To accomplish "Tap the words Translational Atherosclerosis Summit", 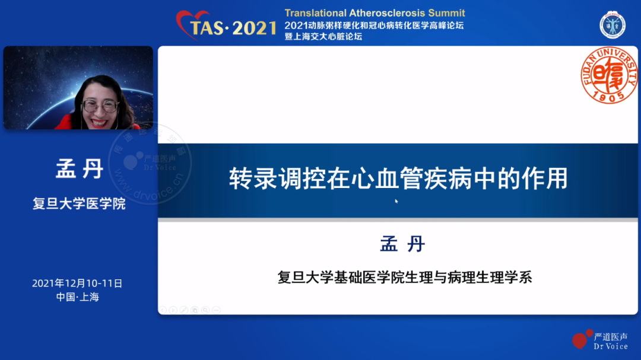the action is pyautogui.click(x=375, y=13).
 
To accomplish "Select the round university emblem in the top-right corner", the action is pyautogui.click(x=612, y=26).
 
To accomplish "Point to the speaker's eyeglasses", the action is pyautogui.click(x=100, y=106).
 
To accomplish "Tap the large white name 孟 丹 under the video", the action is pyautogui.click(x=80, y=169).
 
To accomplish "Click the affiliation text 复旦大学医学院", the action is pyautogui.click(x=79, y=203).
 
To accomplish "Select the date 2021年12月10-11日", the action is pyautogui.click(x=77, y=283).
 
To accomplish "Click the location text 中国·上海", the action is pyautogui.click(x=77, y=297).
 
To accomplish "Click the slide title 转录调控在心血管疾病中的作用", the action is pyautogui.click(x=398, y=178).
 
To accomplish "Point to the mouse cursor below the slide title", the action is pyautogui.click(x=396, y=201).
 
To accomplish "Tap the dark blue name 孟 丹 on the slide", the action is pyautogui.click(x=402, y=244).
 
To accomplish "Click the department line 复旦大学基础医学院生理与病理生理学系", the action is pyautogui.click(x=405, y=278).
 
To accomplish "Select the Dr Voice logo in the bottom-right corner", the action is pyautogui.click(x=600, y=340).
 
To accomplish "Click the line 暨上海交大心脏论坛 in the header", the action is pyautogui.click(x=323, y=36).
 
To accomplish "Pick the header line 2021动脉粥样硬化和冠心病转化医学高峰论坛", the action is pyautogui.click(x=374, y=26).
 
